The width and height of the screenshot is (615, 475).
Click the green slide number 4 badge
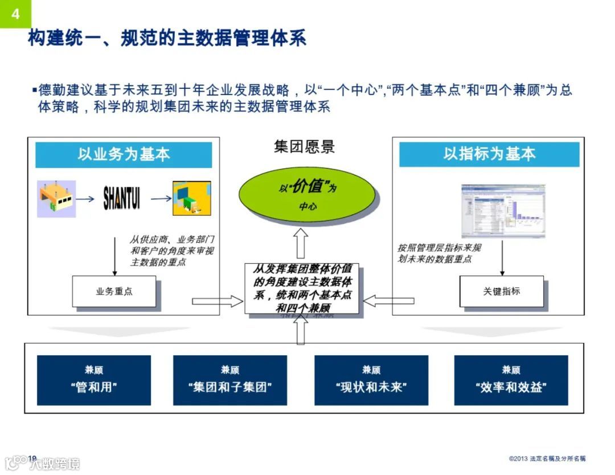[x=15, y=14]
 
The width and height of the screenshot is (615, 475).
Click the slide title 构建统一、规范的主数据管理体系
[x=167, y=38]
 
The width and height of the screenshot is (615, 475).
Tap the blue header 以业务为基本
[x=124, y=154]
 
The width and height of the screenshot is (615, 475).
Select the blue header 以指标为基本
[x=489, y=154]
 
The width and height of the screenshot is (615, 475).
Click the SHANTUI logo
[x=121, y=199]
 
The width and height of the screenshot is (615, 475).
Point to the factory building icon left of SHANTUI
[x=56, y=199]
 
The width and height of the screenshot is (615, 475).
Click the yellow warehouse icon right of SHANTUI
[x=192, y=199]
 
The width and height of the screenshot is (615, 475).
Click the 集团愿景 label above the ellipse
[x=305, y=147]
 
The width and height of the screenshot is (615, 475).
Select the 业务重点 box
[x=114, y=292]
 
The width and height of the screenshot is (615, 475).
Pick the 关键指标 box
[x=501, y=292]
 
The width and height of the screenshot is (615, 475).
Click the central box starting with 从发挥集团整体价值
[x=302, y=288]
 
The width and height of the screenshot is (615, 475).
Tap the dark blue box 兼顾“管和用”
[x=94, y=380]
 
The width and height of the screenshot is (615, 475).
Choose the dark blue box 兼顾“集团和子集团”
[x=230, y=380]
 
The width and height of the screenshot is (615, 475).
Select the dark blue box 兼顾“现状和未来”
[x=371, y=380]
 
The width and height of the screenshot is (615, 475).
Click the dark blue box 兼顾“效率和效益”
[x=511, y=380]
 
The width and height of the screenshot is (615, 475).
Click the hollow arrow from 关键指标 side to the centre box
[x=389, y=300]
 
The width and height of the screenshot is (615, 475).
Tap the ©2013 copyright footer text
[x=547, y=458]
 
